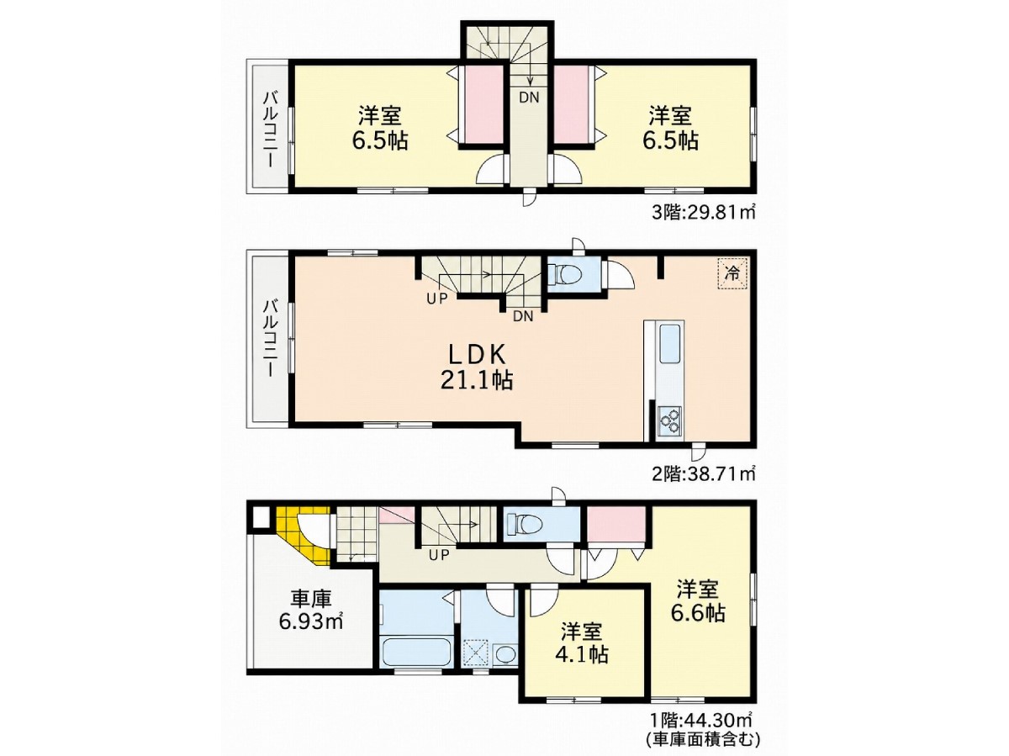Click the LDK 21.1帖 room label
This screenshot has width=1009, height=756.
tap(477, 367)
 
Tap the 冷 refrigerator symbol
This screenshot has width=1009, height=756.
tap(732, 274)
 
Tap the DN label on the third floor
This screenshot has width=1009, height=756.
tap(529, 98)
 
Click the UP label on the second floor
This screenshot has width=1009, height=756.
tap(436, 299)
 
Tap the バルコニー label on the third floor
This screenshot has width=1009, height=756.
tap(270, 130)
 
